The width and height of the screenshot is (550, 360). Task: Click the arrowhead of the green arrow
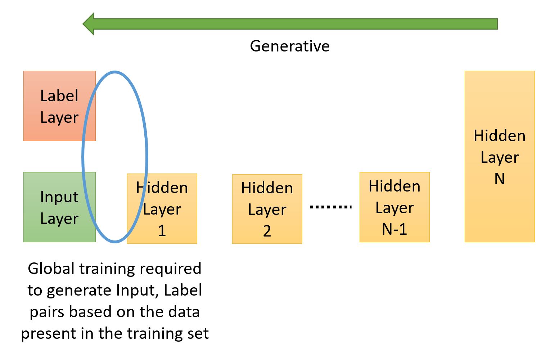(89, 24)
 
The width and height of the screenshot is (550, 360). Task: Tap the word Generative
(290, 46)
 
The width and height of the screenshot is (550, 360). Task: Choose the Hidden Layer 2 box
(267, 209)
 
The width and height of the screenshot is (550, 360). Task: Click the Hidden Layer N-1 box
(395, 207)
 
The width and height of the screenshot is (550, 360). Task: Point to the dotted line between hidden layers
(330, 207)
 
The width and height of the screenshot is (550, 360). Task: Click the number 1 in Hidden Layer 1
(162, 231)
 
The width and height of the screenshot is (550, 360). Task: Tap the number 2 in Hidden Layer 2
(267, 231)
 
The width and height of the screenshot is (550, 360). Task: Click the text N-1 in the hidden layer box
(395, 229)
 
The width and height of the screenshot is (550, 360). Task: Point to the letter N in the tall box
(500, 179)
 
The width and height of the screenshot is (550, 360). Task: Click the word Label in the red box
(59, 96)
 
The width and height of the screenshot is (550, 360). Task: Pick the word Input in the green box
(59, 197)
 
